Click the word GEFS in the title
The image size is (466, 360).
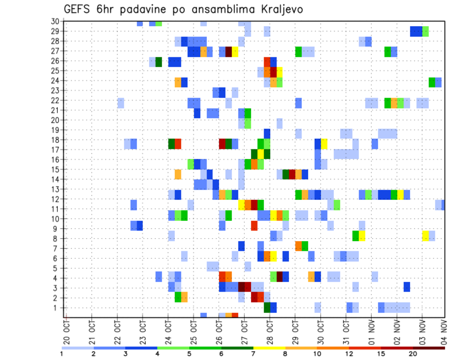pos(78,10)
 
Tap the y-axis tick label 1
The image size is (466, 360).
pos(56,307)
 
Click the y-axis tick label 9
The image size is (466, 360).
pos(56,229)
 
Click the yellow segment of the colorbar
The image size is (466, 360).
pos(269,348)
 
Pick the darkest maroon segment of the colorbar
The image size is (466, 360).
pos(429,348)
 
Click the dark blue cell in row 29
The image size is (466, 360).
pos(416,32)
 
